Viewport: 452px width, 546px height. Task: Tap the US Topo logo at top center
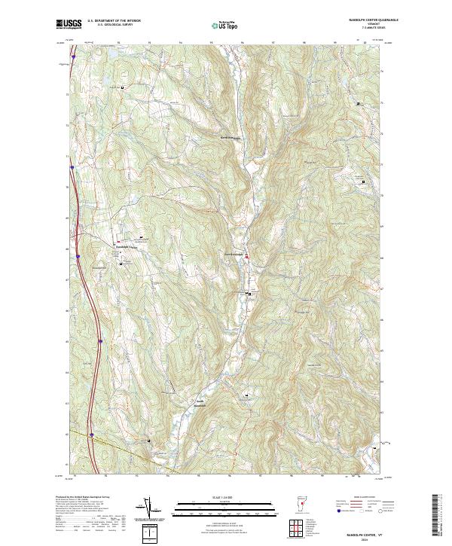(x=224, y=25)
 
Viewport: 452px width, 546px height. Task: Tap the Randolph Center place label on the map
(x=126, y=247)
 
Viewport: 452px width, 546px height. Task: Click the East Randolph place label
(x=233, y=254)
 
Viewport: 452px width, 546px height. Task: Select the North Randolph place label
(x=229, y=139)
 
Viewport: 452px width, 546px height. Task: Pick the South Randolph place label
(x=200, y=402)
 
